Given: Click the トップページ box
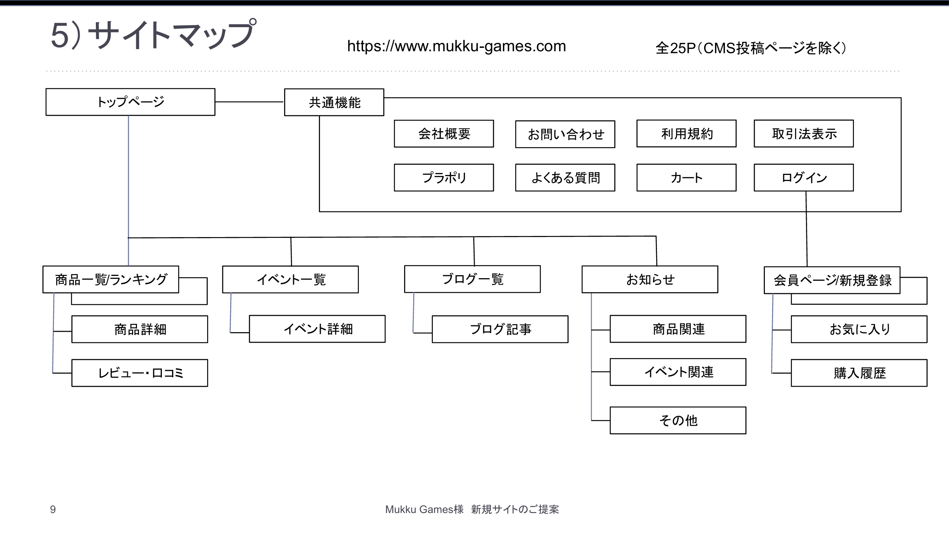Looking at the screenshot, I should (130, 102).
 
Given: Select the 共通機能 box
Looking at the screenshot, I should (334, 103).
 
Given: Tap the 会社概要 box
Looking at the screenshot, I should (444, 134).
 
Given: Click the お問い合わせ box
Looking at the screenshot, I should (565, 135).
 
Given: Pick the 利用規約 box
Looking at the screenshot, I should (686, 134).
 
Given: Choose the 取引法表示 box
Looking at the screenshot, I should (803, 134).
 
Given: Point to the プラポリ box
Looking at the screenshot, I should (444, 178).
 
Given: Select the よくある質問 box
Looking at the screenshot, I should (565, 178).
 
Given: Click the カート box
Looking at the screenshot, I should (686, 178).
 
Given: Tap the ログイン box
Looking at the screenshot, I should (803, 178).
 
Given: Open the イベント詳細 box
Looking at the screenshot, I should (317, 329).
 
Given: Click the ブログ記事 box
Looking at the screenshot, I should (500, 329).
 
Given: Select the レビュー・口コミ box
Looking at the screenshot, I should (140, 373).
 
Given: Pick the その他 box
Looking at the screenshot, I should (678, 420).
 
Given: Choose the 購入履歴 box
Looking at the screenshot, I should (859, 373).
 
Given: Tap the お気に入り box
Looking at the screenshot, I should (859, 329).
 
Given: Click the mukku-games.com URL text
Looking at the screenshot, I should (456, 46).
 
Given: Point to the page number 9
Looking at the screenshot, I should (53, 510).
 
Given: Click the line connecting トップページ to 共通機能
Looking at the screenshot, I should (249, 102).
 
